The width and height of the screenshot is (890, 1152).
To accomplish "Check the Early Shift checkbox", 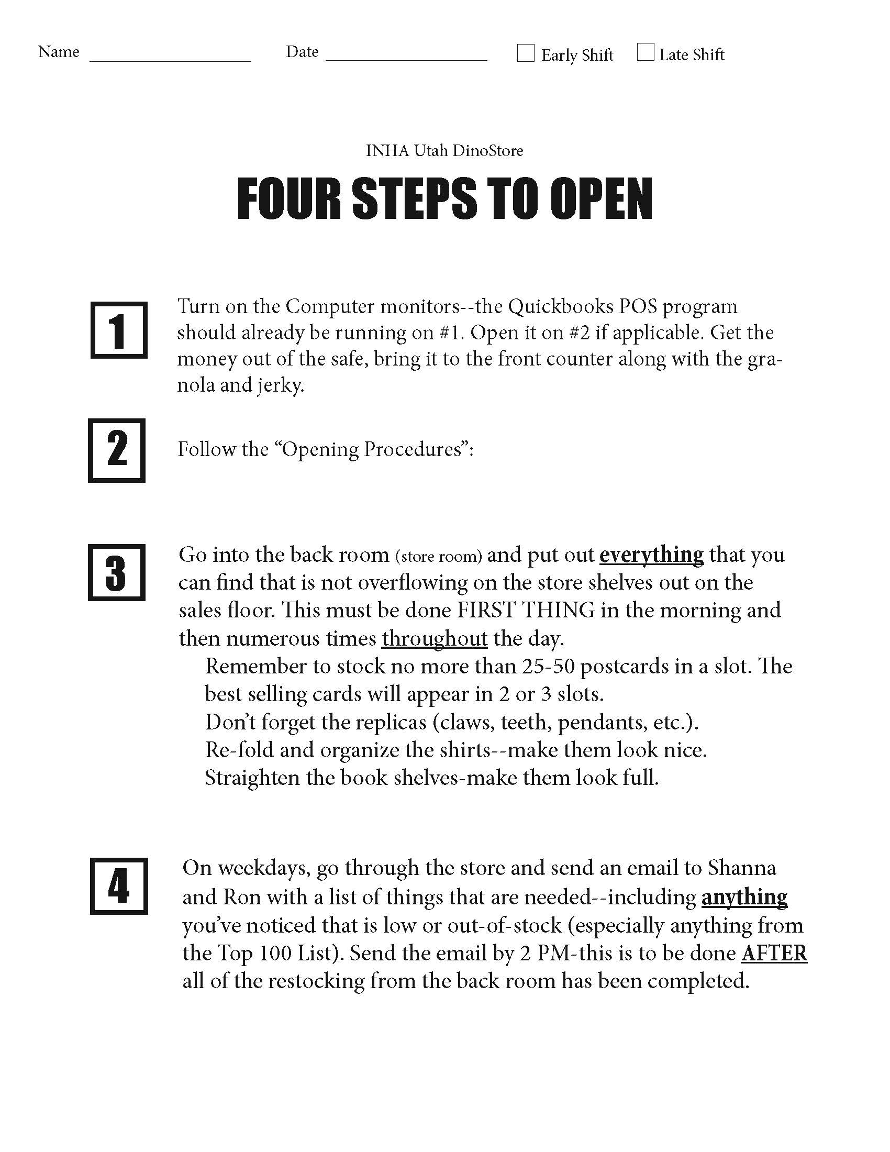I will tap(525, 53).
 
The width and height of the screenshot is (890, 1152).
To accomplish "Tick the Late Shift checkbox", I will tap(646, 52).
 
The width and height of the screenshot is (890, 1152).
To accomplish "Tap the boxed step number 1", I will tap(119, 330).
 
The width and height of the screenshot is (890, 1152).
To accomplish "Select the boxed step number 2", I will tap(117, 450).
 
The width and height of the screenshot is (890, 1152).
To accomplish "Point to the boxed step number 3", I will tap(117, 572).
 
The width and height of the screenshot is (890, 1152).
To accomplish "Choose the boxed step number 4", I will tap(119, 886).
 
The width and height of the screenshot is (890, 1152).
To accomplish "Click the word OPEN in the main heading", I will tap(600, 199).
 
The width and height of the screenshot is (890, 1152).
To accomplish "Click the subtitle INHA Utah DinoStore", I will tap(444, 151).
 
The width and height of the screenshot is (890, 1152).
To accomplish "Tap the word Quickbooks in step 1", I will tap(561, 306).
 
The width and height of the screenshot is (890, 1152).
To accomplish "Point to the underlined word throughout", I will tap(435, 638).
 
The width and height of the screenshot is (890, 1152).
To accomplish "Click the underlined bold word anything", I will tap(744, 897).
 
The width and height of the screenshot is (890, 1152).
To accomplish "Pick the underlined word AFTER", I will tap(774, 953).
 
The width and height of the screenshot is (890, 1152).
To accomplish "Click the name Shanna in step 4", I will tap(741, 868).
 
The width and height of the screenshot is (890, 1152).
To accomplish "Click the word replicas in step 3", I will tap(391, 722).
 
